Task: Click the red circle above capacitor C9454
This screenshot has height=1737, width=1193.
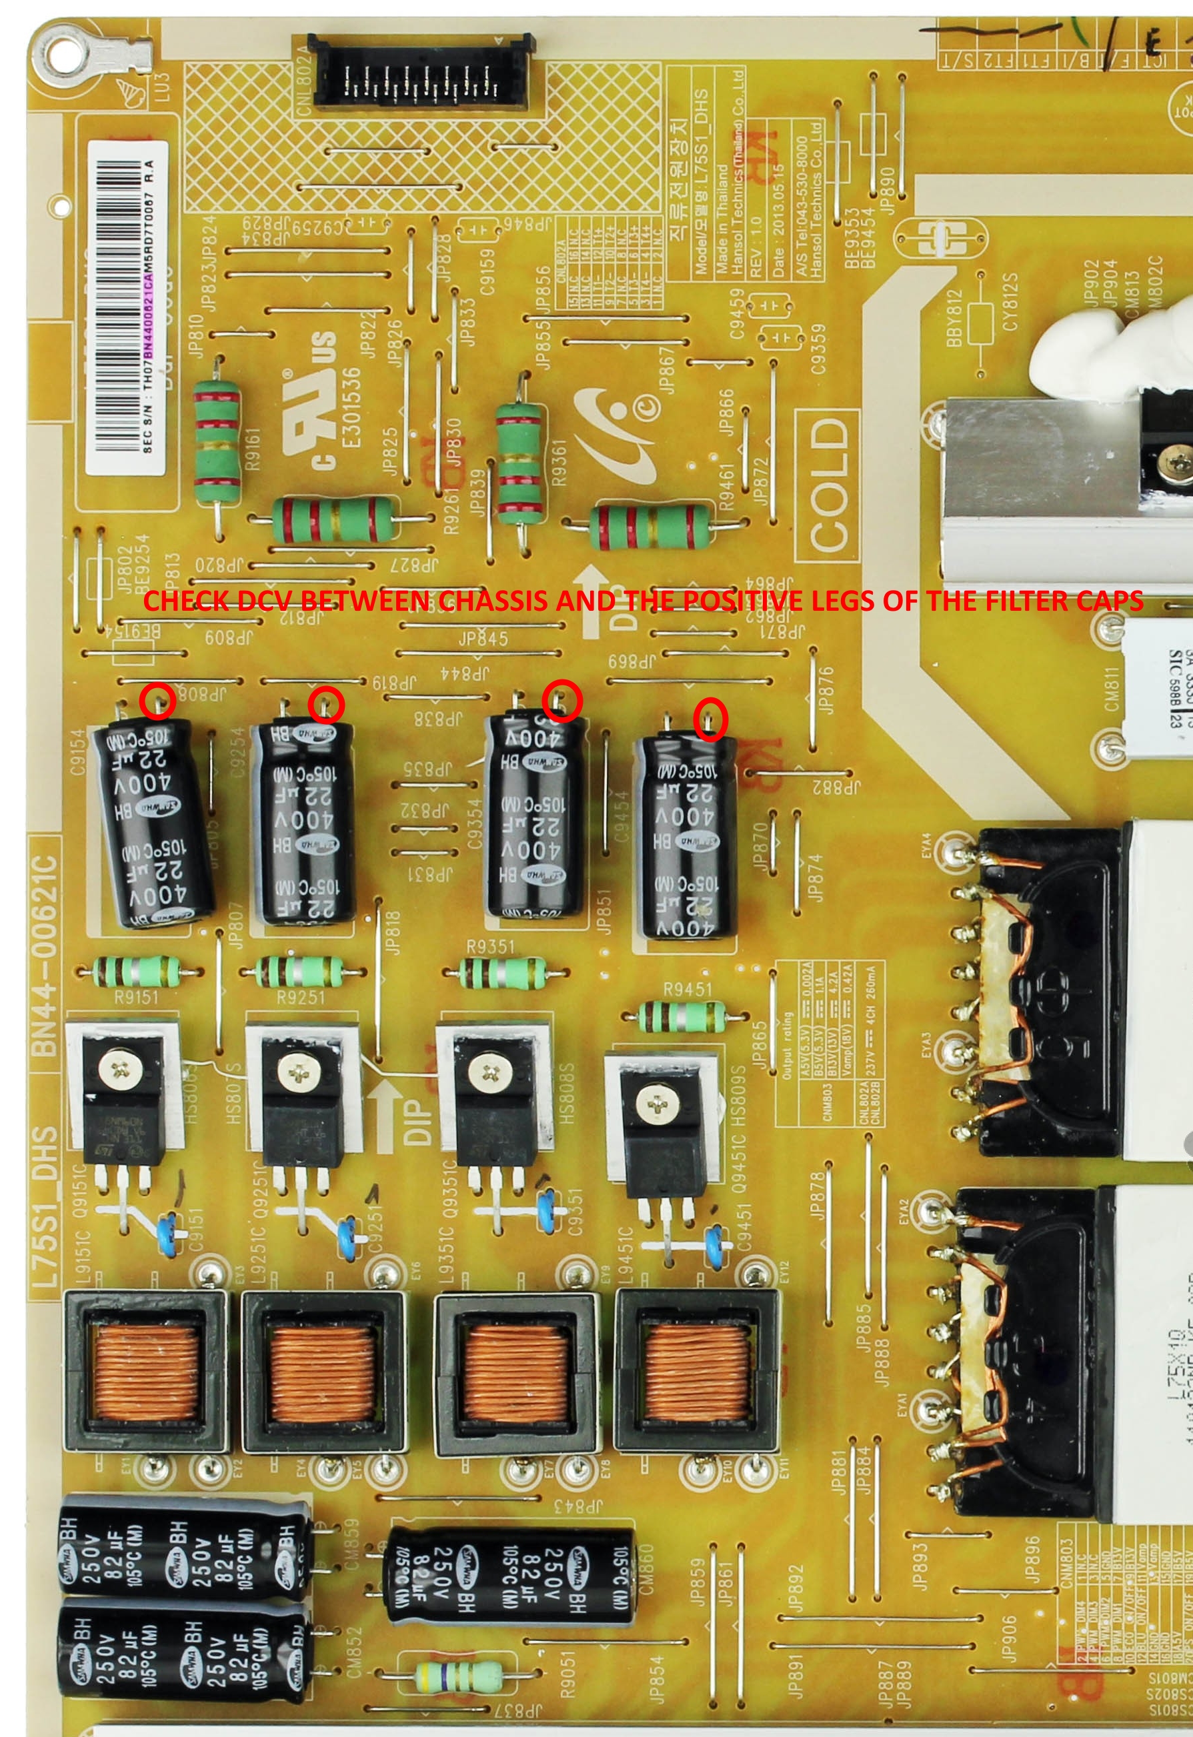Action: [x=710, y=719]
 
